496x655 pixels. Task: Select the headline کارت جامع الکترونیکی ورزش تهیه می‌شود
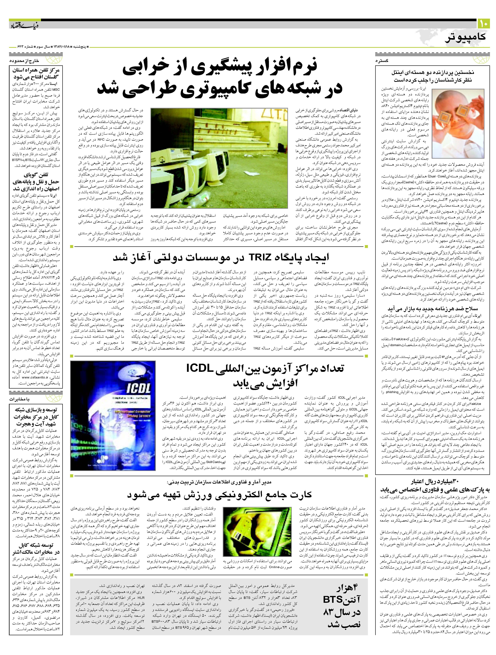(219, 495)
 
